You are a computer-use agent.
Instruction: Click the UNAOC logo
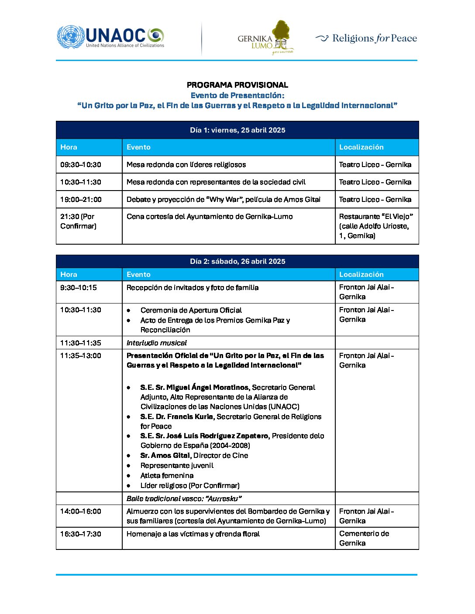point(110,37)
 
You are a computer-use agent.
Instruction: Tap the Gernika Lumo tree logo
point(266,38)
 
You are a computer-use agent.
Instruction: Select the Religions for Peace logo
point(366,38)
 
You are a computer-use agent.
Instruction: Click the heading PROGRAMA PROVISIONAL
point(237,85)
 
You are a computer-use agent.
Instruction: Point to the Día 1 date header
point(237,130)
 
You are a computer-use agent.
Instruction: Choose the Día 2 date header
point(237,261)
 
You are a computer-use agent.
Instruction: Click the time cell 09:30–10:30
point(81,165)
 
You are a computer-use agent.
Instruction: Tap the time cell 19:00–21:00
point(81,200)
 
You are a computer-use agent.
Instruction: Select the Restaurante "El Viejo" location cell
point(376,226)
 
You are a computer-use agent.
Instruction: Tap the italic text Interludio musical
point(156,343)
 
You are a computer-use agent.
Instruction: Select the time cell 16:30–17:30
point(81,534)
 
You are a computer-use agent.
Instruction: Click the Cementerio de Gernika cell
point(364,538)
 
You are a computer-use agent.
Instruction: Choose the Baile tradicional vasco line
point(184,498)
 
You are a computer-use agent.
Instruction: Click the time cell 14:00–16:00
point(81,511)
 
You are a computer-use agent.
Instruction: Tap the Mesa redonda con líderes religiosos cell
point(186,165)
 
